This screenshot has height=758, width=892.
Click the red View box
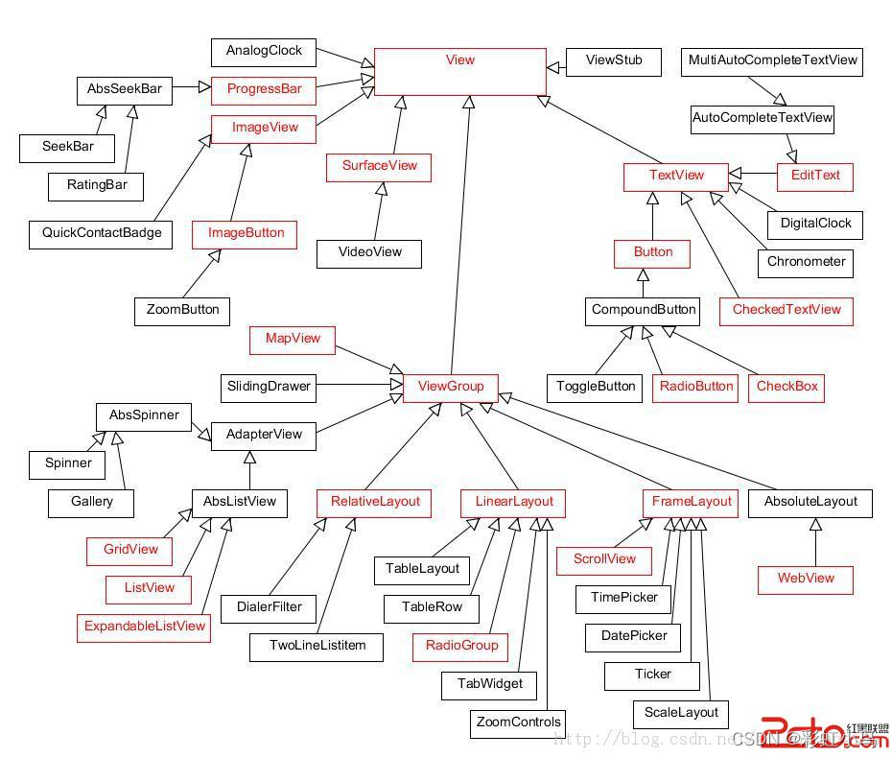point(459,71)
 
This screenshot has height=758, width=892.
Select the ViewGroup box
point(450,387)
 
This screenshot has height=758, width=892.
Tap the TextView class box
point(675,176)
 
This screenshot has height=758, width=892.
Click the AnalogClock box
point(263,52)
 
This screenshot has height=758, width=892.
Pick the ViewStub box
point(613,61)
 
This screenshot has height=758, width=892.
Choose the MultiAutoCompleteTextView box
point(771,61)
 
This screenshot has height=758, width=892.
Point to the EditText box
point(814,176)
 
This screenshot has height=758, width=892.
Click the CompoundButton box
point(642,311)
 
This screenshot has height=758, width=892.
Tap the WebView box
point(805,579)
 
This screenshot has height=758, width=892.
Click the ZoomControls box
point(517,722)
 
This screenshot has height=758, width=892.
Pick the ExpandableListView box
point(144,627)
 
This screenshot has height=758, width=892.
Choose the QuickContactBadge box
point(101,233)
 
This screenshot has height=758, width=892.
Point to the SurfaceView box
point(379,166)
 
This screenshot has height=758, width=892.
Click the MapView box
point(292,339)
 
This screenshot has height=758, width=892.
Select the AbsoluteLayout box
point(810,502)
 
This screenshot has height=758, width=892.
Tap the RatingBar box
point(96,185)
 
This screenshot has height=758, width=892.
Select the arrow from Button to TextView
point(652,216)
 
